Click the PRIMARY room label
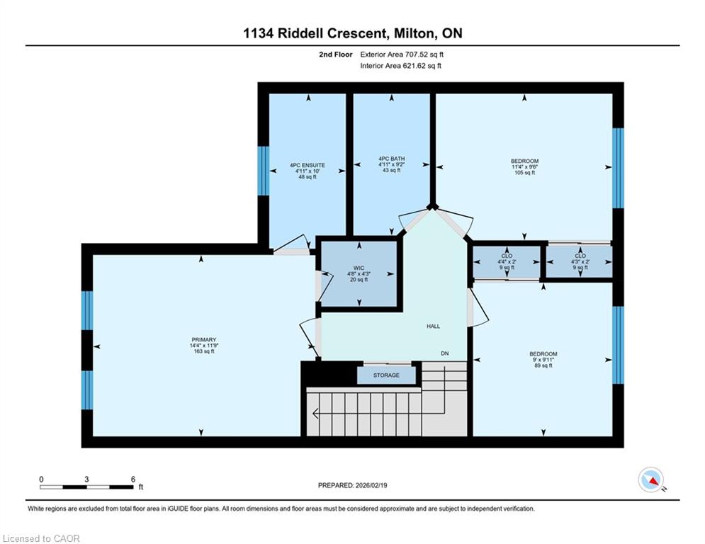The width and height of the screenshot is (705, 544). click(x=203, y=340)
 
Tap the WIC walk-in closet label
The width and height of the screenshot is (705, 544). click(x=359, y=268)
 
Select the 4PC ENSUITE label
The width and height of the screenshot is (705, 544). click(x=308, y=166)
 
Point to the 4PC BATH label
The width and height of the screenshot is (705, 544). click(x=392, y=159)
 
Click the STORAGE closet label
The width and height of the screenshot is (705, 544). click(x=386, y=375)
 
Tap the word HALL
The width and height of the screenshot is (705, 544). click(x=434, y=327)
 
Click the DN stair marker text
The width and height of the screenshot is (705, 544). click(x=445, y=353)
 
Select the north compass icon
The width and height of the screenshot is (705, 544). click(x=651, y=480)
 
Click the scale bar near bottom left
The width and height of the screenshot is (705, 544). click(x=86, y=487)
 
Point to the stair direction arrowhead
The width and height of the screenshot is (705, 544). click(x=315, y=413)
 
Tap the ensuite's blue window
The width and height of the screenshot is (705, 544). click(x=264, y=171)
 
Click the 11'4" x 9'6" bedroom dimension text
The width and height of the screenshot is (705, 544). click(x=524, y=166)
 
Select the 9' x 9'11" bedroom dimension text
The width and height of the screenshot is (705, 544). click(x=543, y=360)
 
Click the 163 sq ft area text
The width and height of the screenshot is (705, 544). click(x=203, y=351)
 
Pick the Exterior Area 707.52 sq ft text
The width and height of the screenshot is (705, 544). click(x=402, y=55)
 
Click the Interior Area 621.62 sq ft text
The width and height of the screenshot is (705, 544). click(x=400, y=66)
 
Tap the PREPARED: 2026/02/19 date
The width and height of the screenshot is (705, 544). click(x=353, y=485)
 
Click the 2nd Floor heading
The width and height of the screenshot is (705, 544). click(x=336, y=55)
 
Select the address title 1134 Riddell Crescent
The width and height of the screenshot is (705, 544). click(x=315, y=33)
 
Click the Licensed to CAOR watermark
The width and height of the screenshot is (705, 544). click(x=41, y=538)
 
